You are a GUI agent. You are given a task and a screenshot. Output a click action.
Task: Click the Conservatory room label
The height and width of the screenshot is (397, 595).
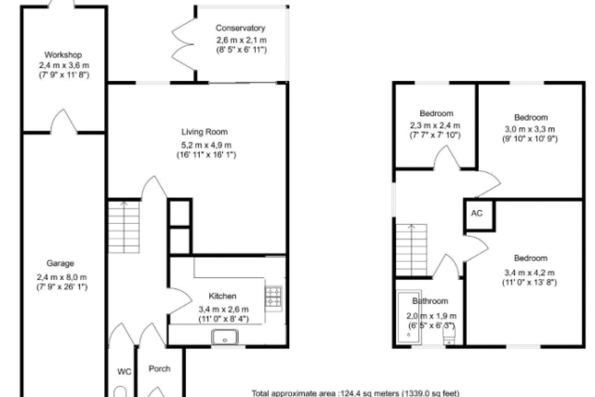pos(240,28)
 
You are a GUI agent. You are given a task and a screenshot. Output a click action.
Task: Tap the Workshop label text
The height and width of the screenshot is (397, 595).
pos(63,55)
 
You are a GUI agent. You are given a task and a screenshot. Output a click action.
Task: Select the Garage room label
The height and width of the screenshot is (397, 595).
pos(60,263)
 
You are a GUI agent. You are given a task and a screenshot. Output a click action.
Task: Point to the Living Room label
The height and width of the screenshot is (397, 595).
pos(205,132)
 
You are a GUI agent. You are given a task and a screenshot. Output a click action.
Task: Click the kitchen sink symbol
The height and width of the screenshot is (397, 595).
pos(225,337)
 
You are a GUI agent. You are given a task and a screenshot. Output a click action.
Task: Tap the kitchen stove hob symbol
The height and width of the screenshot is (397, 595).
pos(273,298)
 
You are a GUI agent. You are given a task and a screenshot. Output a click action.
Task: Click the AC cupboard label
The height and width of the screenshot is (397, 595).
pos(477,213)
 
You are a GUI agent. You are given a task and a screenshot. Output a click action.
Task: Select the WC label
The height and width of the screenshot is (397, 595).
pos(124,372)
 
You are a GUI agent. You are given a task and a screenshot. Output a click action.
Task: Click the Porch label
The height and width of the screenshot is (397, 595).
pos(159,368)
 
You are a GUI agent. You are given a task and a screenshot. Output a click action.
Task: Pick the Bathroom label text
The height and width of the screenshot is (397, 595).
pos(430,301)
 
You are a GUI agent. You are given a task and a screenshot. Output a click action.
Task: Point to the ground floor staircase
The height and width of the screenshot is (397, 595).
pos(124,227)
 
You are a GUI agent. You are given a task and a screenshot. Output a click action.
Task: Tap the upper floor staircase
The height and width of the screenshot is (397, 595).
pos(412,250)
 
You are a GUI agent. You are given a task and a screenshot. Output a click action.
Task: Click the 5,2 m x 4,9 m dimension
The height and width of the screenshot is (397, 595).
pos(206,145)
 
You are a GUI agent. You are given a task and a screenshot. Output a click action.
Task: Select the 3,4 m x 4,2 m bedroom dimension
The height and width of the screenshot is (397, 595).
pos(529,272)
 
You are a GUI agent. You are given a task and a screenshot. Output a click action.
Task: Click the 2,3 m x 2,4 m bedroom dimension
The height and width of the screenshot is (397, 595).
pos(435,126)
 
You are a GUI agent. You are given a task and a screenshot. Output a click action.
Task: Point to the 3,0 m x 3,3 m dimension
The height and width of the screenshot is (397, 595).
pos(530,129)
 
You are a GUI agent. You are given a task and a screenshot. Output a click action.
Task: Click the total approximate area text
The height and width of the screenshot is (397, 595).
pos(355,393)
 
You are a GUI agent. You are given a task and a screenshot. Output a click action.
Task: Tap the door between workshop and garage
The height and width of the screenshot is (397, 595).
pos(64,122)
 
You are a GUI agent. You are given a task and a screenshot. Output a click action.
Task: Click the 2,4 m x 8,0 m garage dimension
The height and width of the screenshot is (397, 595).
pos(62,277)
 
